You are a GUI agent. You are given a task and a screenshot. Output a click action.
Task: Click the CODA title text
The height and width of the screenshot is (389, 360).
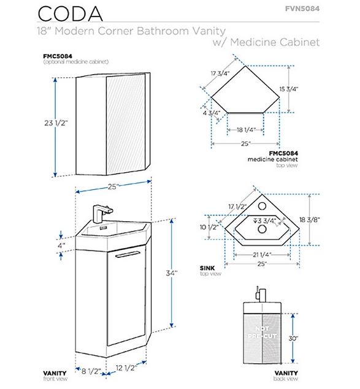coord(70,13)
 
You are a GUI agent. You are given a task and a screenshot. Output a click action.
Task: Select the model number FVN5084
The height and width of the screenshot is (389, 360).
coord(302,9)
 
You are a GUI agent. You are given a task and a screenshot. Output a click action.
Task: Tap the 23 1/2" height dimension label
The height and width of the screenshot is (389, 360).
coord(56,123)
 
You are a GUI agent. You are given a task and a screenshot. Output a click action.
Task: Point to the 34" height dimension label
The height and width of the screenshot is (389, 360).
coord(172,273)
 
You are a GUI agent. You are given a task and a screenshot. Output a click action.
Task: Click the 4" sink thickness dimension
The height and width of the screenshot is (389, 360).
coord(61,246)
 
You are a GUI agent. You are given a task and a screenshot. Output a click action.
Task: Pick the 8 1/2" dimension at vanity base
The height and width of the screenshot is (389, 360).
coord(91,371)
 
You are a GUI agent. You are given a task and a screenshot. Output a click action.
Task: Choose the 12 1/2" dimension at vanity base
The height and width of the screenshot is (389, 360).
coord(126,368)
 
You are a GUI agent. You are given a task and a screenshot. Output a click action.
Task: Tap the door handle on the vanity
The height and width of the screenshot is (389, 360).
coord(128,254)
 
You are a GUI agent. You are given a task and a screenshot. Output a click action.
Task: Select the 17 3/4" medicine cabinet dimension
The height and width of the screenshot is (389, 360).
coord(220,74)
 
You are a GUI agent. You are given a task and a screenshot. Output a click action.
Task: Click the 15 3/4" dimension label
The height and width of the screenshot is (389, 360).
coord(288,89)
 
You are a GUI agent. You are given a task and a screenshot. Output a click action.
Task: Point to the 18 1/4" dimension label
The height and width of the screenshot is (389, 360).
coord(245,130)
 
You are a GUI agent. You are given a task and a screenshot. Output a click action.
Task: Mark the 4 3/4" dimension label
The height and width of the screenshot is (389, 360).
coord(212,113)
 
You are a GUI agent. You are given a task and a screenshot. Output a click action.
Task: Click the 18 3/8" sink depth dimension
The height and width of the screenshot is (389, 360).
coord(309,220)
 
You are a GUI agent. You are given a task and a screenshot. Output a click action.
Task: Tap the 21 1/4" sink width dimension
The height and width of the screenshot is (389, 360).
coord(262,255)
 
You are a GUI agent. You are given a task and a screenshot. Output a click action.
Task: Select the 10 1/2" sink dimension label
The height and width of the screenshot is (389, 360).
coord(209,227)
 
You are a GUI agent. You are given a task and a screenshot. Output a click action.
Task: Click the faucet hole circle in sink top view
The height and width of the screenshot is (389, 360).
coord(262,206)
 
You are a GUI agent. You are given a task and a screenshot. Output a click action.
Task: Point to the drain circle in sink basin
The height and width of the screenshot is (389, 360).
coord(262,229)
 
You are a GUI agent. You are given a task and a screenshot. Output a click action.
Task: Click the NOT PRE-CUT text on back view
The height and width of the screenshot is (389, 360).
coord(262,332)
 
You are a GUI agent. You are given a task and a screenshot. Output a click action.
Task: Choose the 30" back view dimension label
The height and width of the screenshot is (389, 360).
coord(293,338)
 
